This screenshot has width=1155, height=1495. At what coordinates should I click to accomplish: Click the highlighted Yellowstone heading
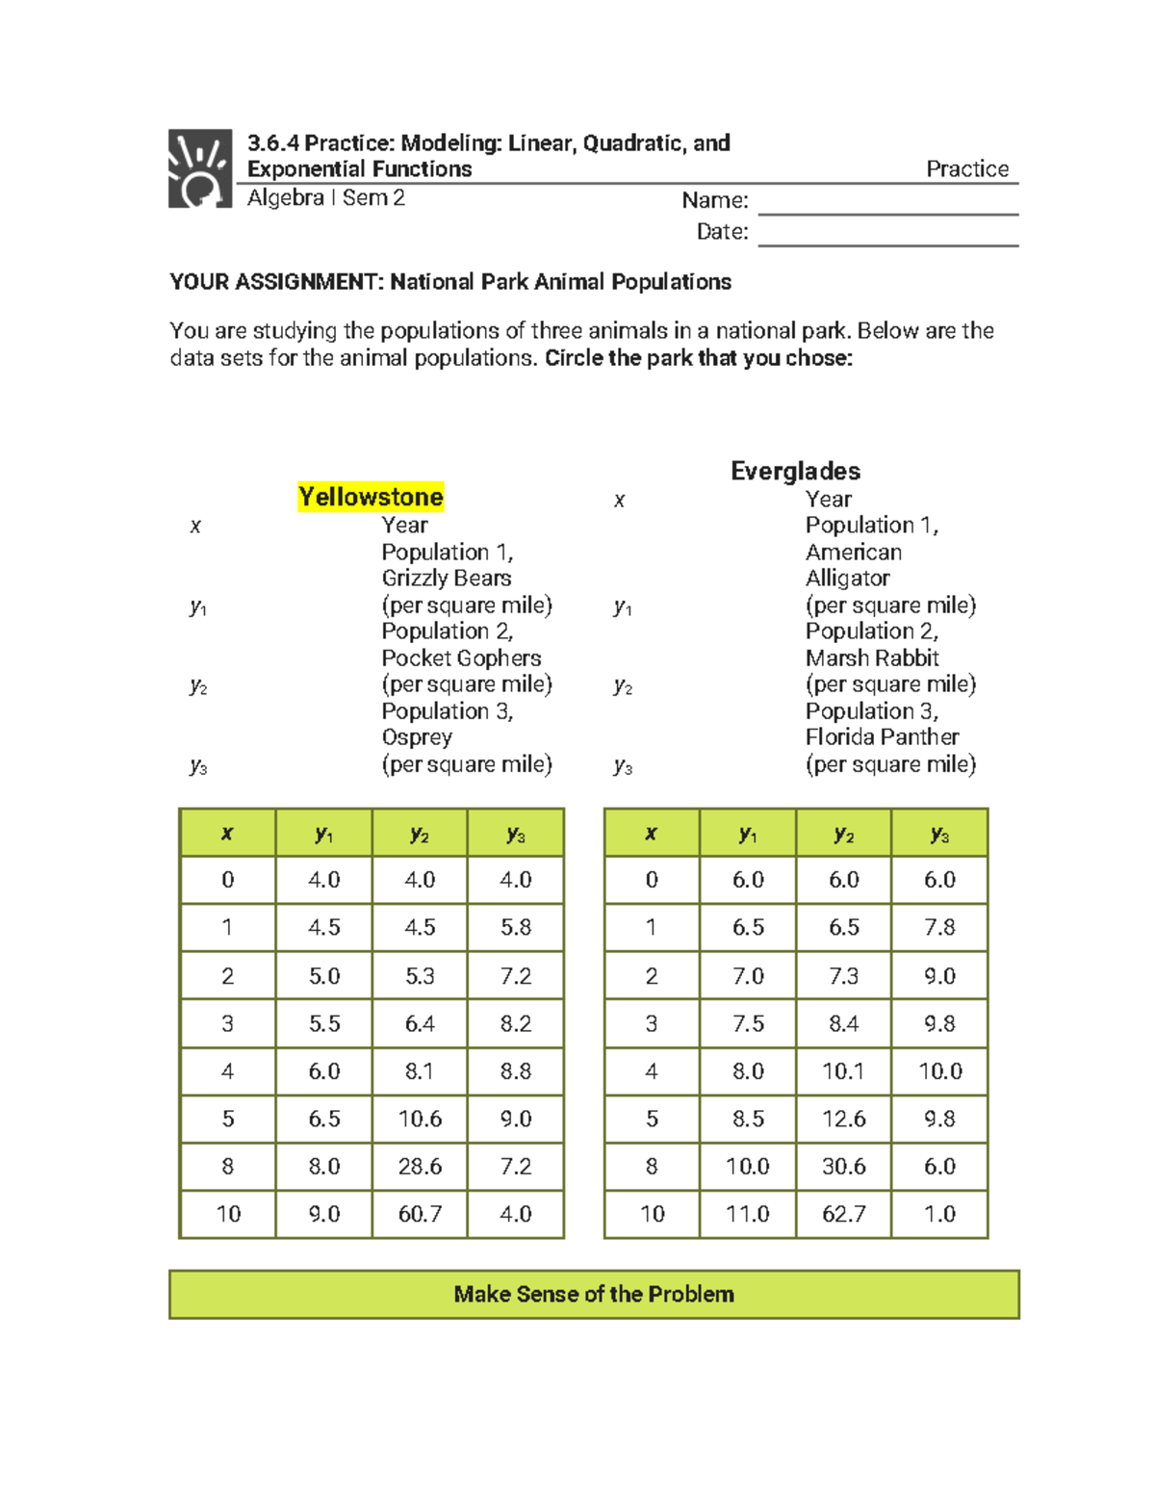point(371,497)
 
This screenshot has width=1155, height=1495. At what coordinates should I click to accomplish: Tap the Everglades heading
point(795,471)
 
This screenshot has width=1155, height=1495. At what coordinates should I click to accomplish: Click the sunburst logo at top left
point(200,168)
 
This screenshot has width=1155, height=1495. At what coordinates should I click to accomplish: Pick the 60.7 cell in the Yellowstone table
point(420,1214)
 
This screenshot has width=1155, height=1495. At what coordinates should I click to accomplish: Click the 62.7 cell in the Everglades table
point(843,1214)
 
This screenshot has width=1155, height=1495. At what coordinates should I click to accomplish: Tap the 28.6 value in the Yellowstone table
point(420,1166)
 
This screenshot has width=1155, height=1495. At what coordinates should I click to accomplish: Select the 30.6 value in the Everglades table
point(843,1166)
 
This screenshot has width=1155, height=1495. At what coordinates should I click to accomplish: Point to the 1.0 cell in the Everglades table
point(939,1214)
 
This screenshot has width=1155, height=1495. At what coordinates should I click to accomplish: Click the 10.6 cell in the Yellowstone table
point(420,1119)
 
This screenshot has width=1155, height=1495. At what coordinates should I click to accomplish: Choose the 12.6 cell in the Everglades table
point(843,1119)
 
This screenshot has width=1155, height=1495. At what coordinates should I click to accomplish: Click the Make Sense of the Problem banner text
point(594,1294)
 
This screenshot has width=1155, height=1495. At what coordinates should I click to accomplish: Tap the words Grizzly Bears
point(446,578)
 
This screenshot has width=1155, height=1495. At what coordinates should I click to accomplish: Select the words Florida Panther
point(882,736)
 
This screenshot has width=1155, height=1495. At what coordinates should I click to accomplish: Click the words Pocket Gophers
point(461,657)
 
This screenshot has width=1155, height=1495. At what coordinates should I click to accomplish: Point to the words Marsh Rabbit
point(872,657)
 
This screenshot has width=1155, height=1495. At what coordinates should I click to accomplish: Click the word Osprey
point(417,736)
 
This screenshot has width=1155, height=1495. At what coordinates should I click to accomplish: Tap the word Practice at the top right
point(966,168)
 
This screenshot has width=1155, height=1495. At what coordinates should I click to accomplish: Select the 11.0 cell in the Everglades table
point(748,1214)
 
